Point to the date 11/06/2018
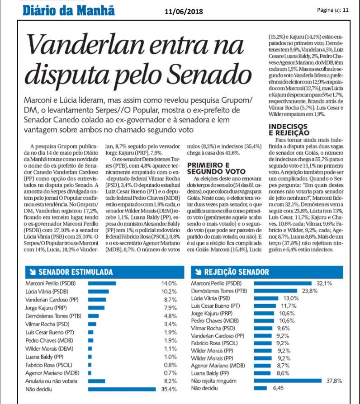(x=183, y=11)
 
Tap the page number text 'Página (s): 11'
(x=332, y=9)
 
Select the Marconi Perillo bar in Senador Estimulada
(x=101, y=283)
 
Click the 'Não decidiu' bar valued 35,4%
(x=118, y=388)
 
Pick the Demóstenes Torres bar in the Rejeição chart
(x=274, y=291)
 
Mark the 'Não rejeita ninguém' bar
(x=289, y=381)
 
